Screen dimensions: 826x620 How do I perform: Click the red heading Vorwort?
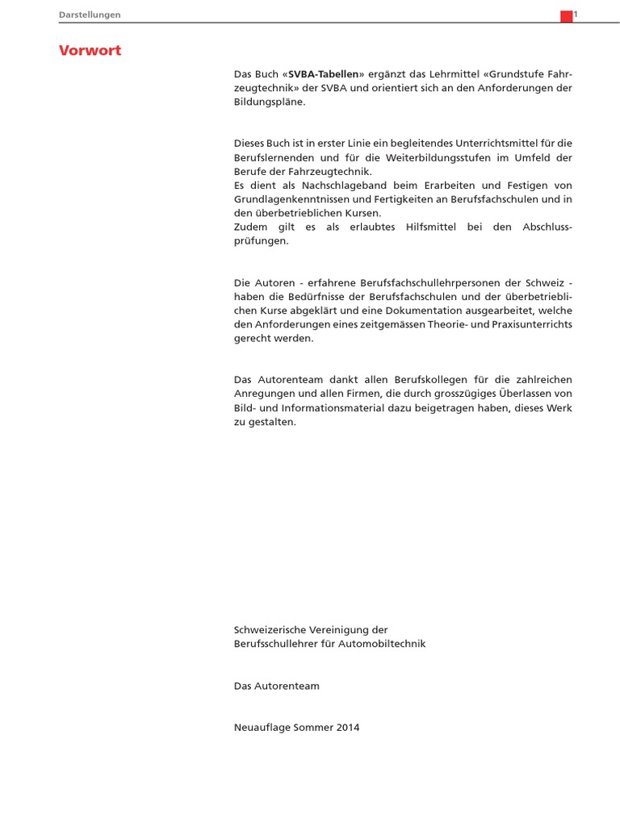tap(90, 51)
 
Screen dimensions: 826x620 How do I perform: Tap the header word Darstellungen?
tap(90, 15)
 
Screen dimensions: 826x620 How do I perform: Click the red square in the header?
tap(566, 16)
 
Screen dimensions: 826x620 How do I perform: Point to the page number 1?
tap(576, 15)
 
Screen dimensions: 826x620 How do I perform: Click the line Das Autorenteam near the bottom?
tap(276, 686)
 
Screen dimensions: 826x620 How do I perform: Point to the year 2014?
tap(347, 728)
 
